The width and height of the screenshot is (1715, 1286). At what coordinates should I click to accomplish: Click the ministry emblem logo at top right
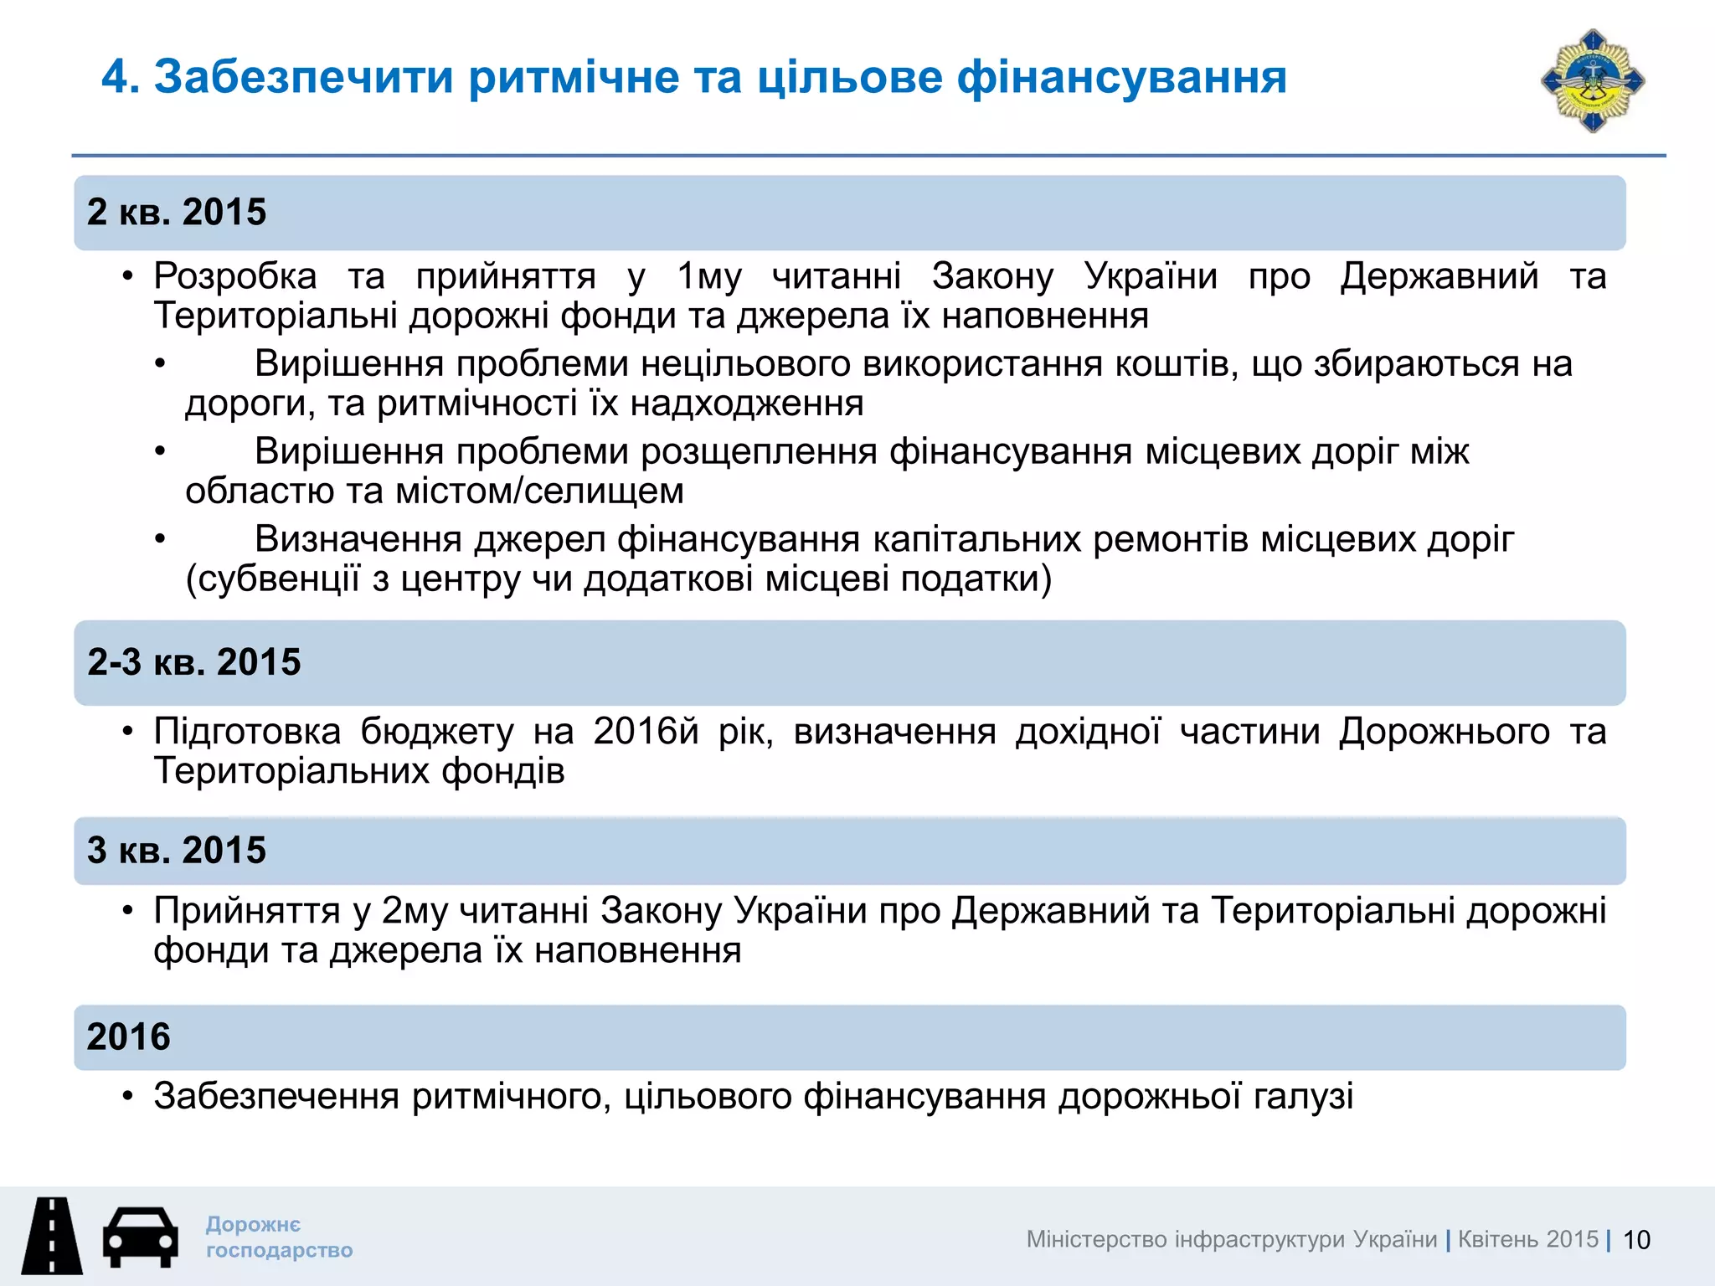tap(1593, 81)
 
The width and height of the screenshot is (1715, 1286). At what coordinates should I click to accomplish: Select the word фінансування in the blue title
tap(1121, 77)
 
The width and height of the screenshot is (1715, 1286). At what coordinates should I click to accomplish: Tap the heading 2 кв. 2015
tap(177, 212)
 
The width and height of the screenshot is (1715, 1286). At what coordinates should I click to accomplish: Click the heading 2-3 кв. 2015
tap(194, 662)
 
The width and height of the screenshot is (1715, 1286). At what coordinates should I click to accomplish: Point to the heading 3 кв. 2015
tap(177, 850)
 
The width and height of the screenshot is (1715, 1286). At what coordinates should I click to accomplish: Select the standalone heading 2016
tap(128, 1037)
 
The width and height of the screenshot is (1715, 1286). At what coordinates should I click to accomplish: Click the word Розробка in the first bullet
tap(235, 276)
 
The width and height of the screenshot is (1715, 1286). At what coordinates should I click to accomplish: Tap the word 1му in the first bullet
tap(708, 276)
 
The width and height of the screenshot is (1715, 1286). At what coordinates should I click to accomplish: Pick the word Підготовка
tap(247, 732)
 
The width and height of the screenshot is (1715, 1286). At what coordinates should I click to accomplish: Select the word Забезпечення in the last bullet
tap(276, 1096)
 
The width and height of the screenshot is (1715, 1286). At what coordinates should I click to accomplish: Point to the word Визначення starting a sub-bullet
tap(358, 539)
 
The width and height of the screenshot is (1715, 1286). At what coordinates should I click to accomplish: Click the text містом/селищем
tap(539, 491)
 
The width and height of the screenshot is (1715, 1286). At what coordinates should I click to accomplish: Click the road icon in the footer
tap(52, 1236)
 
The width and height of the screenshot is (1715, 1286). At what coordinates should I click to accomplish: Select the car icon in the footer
tap(140, 1237)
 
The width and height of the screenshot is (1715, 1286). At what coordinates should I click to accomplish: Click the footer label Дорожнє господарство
tap(279, 1237)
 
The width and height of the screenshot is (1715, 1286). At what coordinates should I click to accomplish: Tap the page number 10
tap(1636, 1240)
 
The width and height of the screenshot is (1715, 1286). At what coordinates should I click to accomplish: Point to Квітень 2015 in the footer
tap(1528, 1239)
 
